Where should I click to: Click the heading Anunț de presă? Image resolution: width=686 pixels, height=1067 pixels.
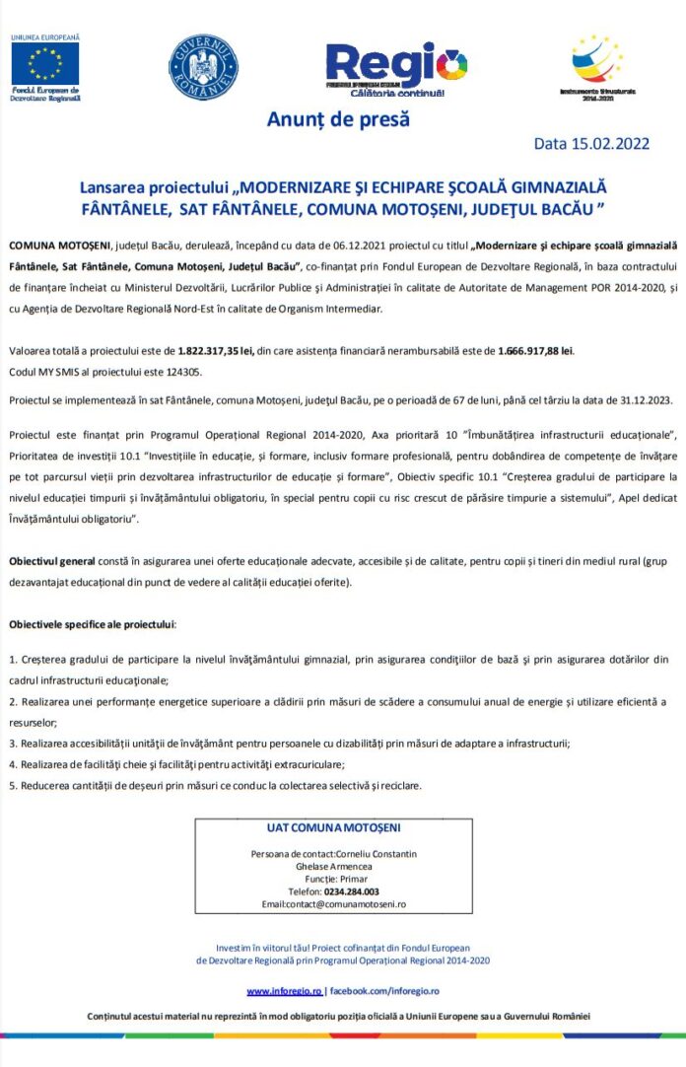tap(338, 120)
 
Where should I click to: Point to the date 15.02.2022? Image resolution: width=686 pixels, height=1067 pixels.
tap(606, 144)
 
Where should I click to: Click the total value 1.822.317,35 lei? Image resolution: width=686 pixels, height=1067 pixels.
tap(216, 350)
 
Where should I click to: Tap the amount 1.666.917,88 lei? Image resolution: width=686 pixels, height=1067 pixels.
tap(536, 350)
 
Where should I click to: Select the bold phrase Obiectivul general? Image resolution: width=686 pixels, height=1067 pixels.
tap(52, 561)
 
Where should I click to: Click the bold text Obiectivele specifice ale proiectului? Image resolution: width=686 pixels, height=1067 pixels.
tap(93, 625)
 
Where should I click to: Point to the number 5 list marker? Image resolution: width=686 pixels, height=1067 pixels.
tap(12, 786)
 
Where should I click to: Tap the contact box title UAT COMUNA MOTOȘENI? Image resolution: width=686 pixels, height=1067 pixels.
tap(333, 828)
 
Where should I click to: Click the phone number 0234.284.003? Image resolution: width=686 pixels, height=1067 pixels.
tap(352, 890)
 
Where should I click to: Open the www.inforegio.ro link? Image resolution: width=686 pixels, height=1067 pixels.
tap(284, 990)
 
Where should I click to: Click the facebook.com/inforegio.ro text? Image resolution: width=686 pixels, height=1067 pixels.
tap(384, 990)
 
